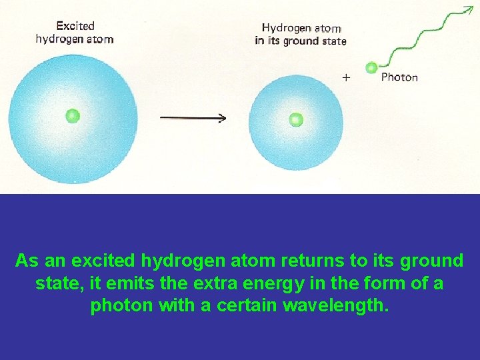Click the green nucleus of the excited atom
pyautogui.click(x=73, y=116)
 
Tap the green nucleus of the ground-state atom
pyautogui.click(x=295, y=120)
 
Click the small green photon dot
pyautogui.click(x=371, y=67)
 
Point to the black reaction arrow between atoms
pyautogui.click(x=193, y=118)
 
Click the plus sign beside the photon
pyautogui.click(x=346, y=77)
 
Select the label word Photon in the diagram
pyautogui.click(x=399, y=77)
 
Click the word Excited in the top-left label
pyautogui.click(x=75, y=26)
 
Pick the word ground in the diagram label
pyautogui.click(x=305, y=41)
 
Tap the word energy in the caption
pyautogui.click(x=247, y=283)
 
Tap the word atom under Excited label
pyautogui.click(x=100, y=39)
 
